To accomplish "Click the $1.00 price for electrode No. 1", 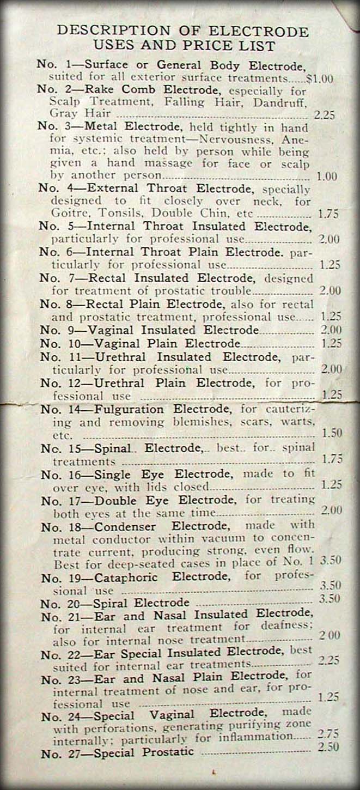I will coord(320,78).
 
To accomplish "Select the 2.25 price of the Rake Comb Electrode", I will coord(324,115).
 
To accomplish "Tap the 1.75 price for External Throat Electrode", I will coord(328,214).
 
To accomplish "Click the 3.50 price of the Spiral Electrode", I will coord(329,598).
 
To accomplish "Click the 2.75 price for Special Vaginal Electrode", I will coord(328,733).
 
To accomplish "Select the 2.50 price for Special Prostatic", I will coord(328,746).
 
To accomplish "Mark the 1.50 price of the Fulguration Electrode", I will coord(332,434).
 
